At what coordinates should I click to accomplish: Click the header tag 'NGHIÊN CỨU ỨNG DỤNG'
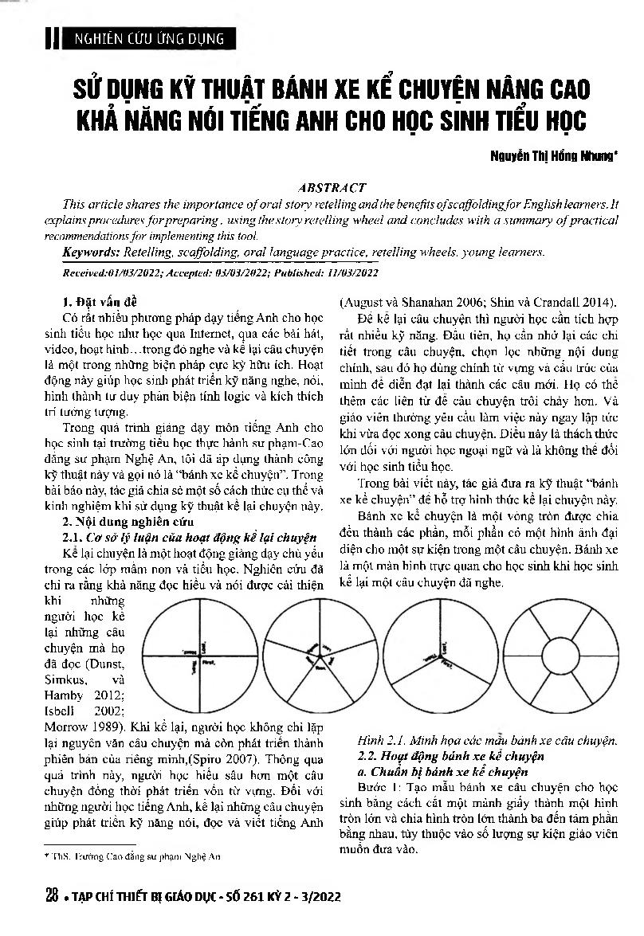tap(148, 37)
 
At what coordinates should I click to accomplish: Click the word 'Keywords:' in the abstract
tap(91, 252)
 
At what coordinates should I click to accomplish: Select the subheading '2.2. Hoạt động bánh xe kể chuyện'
tap(448, 756)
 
